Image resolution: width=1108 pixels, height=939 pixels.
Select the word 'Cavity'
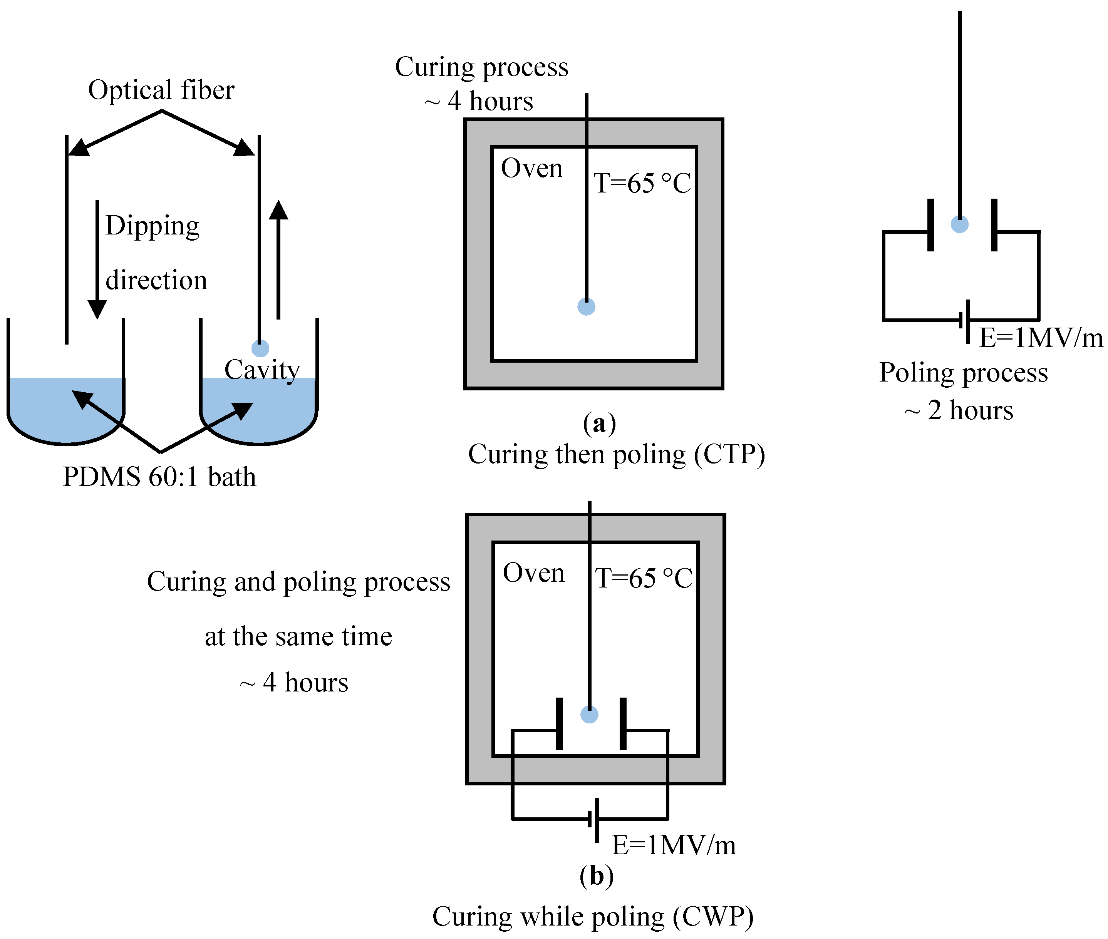coord(262,370)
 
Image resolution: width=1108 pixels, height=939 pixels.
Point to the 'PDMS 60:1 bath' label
coord(159,476)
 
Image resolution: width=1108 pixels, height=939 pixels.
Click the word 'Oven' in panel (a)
coord(531,168)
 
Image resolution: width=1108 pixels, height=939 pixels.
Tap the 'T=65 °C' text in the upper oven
coord(642,183)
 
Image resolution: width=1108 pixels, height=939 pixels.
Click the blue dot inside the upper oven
coord(586,306)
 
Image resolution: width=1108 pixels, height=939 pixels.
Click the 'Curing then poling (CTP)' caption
coord(616,455)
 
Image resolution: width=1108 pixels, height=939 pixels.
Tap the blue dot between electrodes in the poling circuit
coord(959,224)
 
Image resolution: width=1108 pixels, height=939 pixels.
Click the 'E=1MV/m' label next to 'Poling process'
coord(1040,338)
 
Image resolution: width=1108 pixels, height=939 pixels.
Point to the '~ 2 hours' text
coord(959,410)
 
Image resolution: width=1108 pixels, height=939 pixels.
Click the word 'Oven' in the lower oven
coord(533,573)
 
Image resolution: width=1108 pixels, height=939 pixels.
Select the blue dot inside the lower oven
coord(589,715)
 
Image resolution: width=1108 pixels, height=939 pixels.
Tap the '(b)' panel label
coord(596,876)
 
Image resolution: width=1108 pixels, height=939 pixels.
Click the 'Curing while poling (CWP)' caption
coord(593,917)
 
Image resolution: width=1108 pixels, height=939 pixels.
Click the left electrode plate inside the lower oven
coord(559,723)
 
